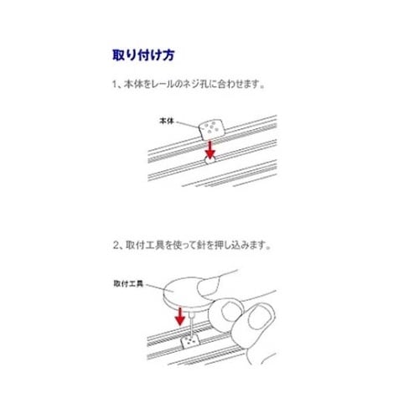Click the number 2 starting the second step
(x=116, y=248)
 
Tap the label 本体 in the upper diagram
(x=166, y=122)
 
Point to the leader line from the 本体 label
(x=186, y=123)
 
